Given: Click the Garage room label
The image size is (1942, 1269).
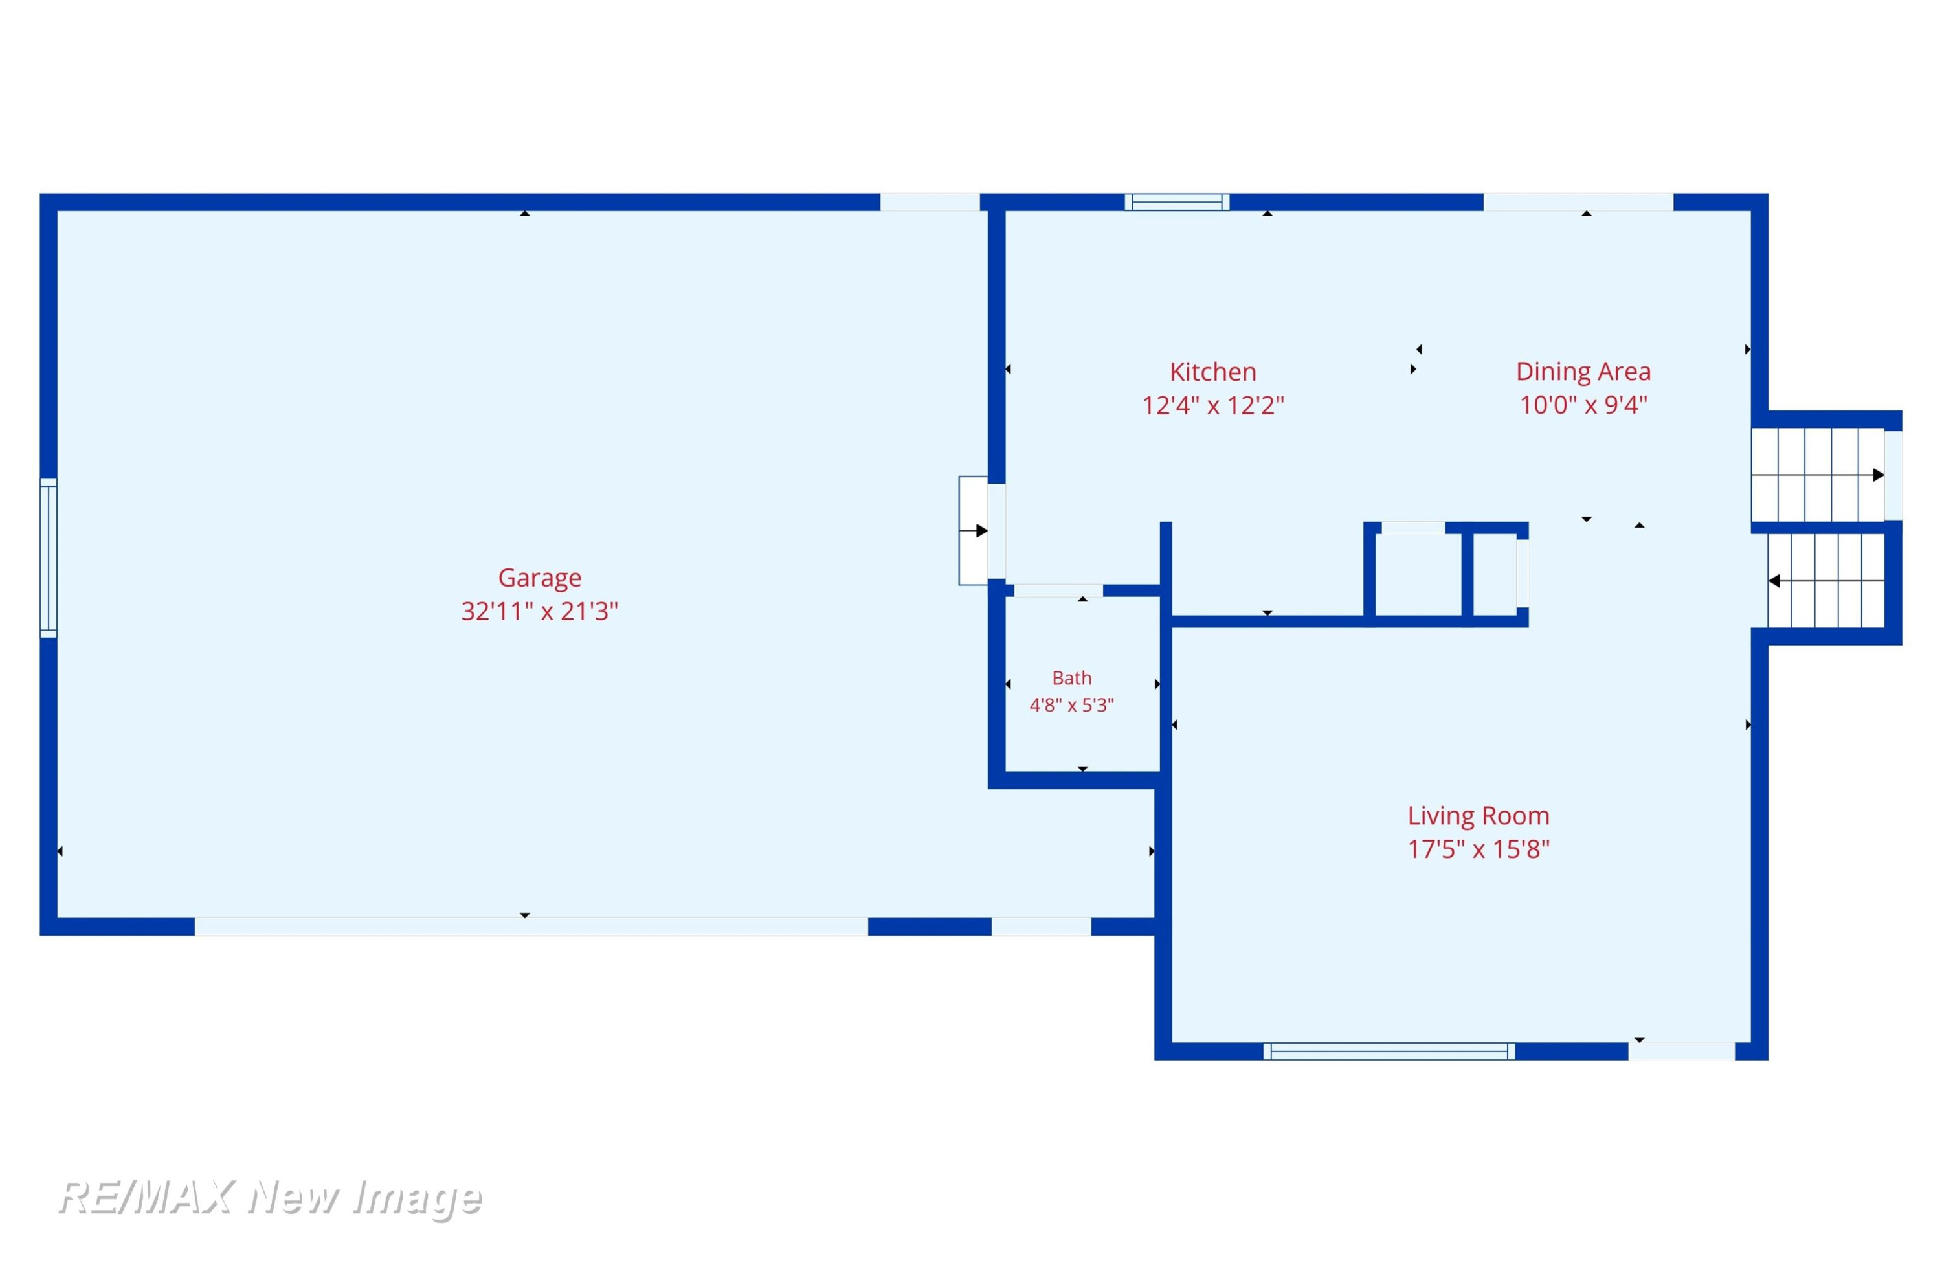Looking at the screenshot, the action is point(539,578).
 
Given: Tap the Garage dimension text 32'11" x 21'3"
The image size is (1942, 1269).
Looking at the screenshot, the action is point(539,611).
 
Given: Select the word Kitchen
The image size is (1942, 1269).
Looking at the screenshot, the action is point(1212,372).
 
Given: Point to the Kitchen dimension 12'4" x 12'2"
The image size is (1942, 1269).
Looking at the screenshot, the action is point(1212,405).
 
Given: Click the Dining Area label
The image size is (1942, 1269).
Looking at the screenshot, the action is point(1583,372).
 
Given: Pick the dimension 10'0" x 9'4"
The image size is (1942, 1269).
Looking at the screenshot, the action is point(1583,405).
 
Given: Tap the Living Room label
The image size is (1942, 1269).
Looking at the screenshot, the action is point(1478,816).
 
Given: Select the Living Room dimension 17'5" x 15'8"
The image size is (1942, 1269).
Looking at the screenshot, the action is point(1478,849).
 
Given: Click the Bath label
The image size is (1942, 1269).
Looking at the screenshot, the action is point(1071,678).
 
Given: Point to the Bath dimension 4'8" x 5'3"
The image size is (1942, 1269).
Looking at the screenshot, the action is point(1071,705).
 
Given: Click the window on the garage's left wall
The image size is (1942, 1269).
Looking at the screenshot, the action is point(49,558).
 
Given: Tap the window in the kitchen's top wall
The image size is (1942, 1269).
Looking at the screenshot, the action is point(1177,203).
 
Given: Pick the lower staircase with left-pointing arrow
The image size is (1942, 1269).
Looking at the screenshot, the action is point(1825,581).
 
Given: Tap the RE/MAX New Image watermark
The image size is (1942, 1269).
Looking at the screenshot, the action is point(270,1198).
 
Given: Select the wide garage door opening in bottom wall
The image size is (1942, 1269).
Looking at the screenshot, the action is point(531,926).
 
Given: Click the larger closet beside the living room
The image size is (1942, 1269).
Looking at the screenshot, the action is point(1418,574).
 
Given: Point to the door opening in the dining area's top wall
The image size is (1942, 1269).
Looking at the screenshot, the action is point(1578,203).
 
